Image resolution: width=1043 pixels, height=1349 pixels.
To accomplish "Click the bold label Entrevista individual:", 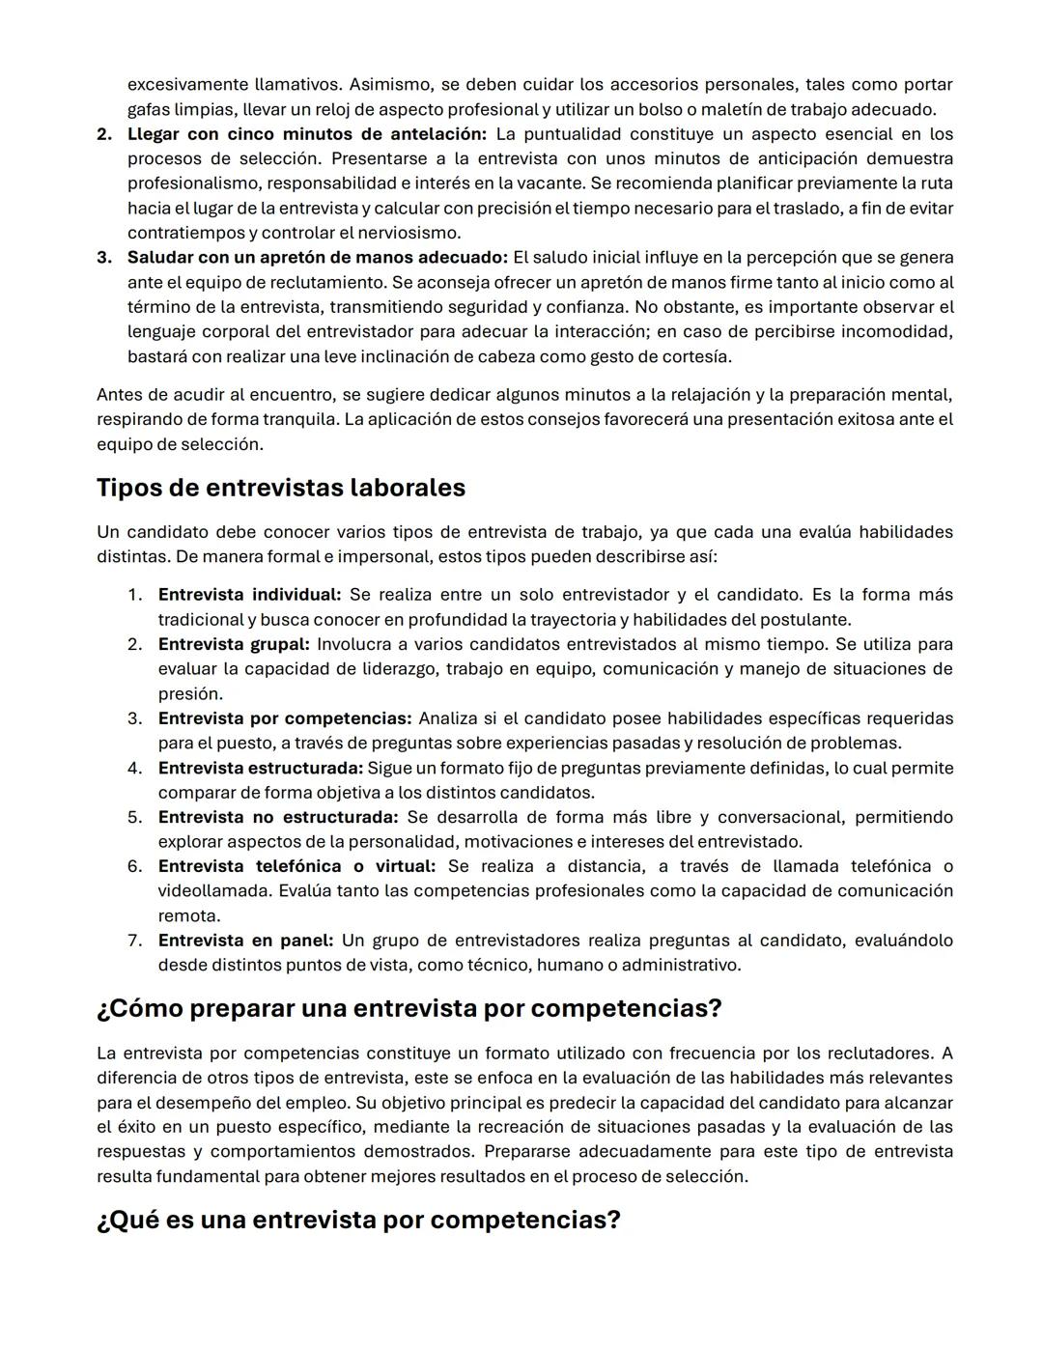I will click(x=249, y=595).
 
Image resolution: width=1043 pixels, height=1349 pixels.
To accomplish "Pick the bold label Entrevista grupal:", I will click(x=234, y=644).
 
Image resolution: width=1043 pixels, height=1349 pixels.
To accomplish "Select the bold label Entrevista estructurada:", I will click(x=261, y=769).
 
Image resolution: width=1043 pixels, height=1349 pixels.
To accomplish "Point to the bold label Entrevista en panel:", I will click(x=245, y=941).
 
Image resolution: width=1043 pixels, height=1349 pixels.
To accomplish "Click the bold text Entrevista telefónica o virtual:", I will click(x=296, y=866).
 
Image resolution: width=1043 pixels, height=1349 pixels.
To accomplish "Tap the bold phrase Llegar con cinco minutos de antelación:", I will click(x=307, y=134).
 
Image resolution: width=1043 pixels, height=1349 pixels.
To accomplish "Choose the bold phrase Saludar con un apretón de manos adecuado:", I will click(x=318, y=258).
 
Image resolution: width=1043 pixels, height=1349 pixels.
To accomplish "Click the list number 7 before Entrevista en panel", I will click(x=134, y=941).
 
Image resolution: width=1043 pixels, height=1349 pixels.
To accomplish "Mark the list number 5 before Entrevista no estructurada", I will click(x=134, y=818).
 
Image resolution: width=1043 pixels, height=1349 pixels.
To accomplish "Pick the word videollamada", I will click(x=213, y=891).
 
